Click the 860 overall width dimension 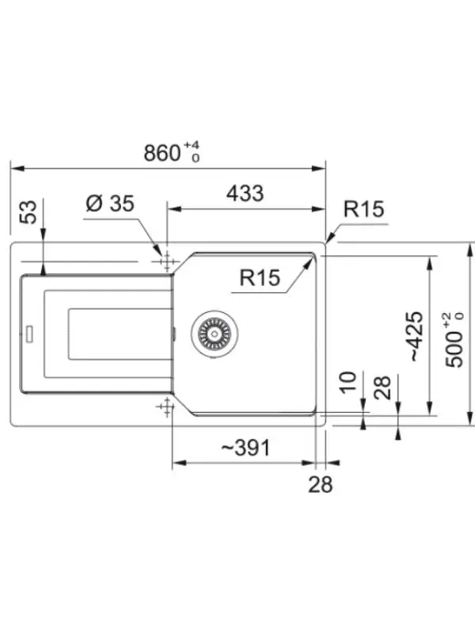(162, 153)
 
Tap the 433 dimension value (245, 193)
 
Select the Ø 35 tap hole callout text (110, 203)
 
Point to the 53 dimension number (28, 211)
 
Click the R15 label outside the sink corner (363, 209)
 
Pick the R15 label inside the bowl (260, 278)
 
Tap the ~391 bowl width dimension (245, 448)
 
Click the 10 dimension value (348, 382)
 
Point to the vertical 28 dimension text (382, 388)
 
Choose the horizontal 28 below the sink (321, 484)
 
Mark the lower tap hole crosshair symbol (165, 407)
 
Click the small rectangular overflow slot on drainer (29, 334)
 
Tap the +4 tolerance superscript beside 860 (192, 145)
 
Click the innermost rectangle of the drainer (120, 334)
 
